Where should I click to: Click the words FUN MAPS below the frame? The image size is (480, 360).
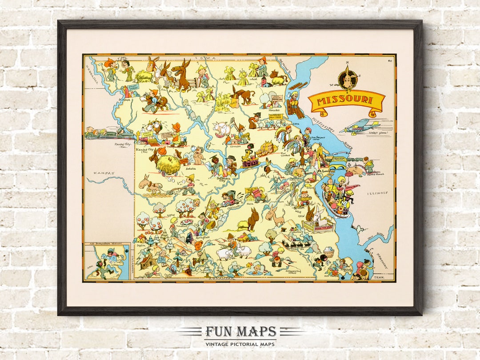point(240,332)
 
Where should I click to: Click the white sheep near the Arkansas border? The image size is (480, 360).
point(226,253)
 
